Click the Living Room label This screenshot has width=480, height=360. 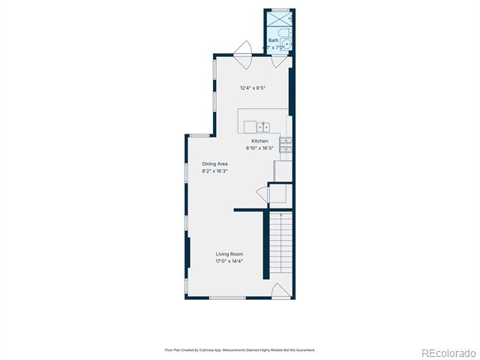click(229, 254)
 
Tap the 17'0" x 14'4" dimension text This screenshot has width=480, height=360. click(229, 261)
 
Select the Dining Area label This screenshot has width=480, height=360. click(214, 163)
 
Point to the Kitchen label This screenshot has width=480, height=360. click(259, 141)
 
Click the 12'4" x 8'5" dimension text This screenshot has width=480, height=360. click(252, 88)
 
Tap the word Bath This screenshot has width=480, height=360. click(273, 40)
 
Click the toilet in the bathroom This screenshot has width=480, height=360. click(285, 33)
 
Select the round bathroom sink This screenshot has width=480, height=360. click(286, 45)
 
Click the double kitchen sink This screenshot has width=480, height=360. click(263, 127)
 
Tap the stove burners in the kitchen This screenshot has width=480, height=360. click(286, 145)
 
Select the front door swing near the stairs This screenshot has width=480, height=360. click(280, 290)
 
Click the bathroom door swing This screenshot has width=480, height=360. click(279, 61)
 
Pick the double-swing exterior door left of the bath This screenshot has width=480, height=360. click(242, 55)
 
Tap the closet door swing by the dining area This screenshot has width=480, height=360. click(262, 195)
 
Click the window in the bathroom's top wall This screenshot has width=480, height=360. click(280, 10)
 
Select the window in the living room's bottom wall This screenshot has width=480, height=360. click(227, 298)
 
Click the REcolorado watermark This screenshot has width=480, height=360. click(448, 353)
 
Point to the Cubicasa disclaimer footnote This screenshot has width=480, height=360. click(240, 350)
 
